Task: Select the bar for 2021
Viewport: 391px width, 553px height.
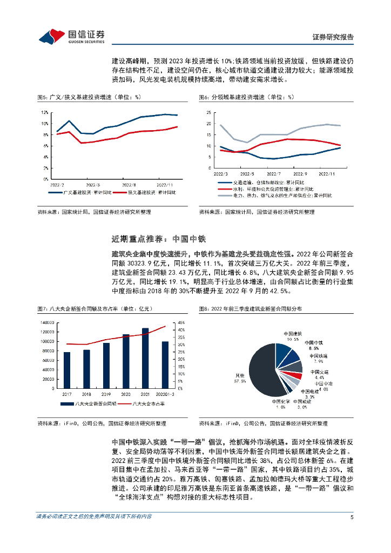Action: point(145,358)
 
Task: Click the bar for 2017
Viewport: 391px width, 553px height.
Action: point(67,370)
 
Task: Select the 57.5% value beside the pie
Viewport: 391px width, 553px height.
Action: point(240,381)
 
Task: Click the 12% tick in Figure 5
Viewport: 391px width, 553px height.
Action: point(45,112)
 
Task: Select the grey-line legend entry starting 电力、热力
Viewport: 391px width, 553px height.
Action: point(281,195)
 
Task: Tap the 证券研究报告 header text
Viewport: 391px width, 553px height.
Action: point(333,37)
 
